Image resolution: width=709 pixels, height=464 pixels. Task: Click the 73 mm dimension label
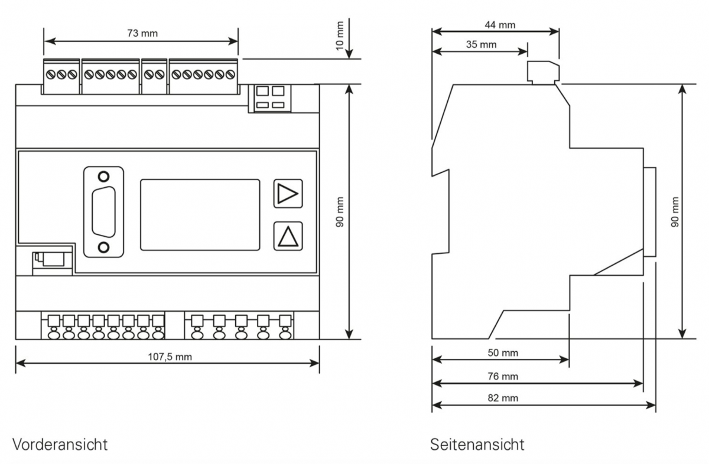[142, 34]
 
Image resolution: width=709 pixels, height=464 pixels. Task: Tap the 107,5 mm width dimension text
[170, 357]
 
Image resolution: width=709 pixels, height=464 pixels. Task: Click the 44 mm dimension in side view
[500, 25]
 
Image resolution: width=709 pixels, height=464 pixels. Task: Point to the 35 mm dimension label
[481, 44]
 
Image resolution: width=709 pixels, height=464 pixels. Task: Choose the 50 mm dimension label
[503, 352]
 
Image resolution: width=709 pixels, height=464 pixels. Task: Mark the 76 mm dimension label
[503, 376]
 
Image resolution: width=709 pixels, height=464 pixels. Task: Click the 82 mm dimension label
[503, 398]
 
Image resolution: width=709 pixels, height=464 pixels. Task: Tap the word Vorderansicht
[60, 443]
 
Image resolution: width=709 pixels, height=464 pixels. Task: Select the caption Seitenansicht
[477, 443]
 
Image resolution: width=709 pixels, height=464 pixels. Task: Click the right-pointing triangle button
[288, 194]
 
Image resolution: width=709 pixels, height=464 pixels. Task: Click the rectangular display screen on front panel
[200, 215]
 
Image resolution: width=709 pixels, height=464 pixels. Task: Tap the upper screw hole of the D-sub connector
[104, 177]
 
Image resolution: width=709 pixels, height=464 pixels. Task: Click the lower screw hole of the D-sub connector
[104, 247]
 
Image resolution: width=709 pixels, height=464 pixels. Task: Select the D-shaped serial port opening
[104, 212]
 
